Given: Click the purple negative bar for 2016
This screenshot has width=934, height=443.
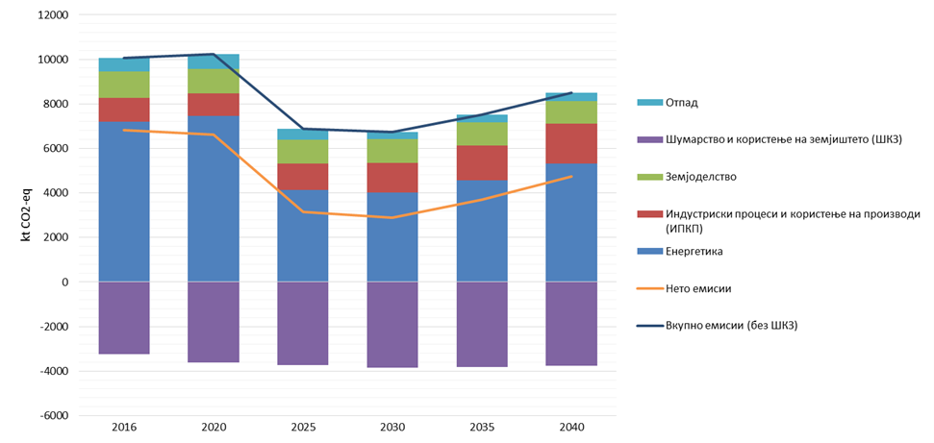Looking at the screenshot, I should tap(124, 318).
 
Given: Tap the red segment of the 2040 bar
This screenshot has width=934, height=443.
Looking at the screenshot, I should tap(571, 143).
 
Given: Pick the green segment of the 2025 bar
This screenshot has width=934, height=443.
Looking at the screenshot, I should tap(303, 152).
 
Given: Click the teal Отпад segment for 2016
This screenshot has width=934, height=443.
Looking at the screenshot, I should tap(124, 64).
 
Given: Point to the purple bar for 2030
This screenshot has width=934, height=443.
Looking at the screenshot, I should tap(392, 325).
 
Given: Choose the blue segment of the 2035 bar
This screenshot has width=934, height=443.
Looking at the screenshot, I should tap(482, 231).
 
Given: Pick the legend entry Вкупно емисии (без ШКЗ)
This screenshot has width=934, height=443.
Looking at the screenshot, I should tap(731, 325).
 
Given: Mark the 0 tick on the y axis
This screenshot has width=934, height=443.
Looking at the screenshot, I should tap(64, 283).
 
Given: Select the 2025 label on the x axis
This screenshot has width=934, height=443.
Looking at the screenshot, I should tap(303, 428).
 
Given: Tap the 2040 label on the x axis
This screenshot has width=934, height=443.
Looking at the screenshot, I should tap(571, 428).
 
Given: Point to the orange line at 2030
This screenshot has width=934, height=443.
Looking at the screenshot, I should tap(392, 217).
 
